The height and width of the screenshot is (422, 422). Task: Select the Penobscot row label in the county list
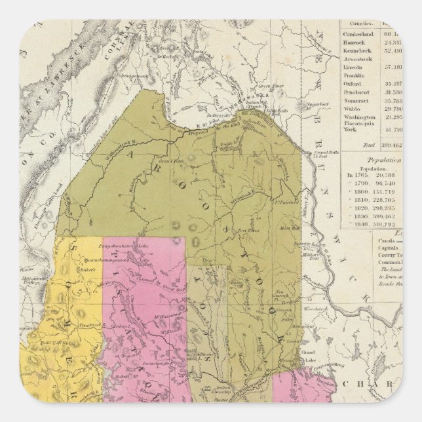coord(358,92)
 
